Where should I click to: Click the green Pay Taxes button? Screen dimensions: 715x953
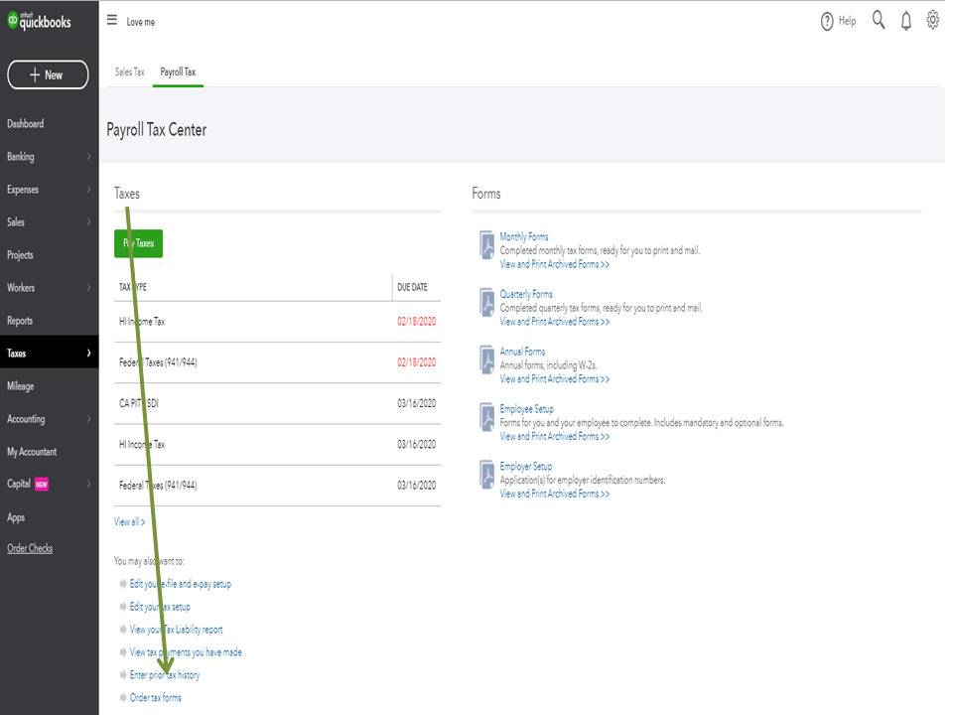click(138, 243)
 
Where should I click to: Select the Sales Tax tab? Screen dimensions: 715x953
click(129, 72)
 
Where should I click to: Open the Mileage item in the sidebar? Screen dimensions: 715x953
click(21, 386)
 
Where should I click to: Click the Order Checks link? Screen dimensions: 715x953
click(30, 549)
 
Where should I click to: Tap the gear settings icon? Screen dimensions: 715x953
click(932, 20)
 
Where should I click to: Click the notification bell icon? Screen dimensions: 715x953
click(905, 21)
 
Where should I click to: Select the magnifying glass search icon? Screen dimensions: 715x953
click(879, 21)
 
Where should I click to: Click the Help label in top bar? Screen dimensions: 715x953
click(846, 21)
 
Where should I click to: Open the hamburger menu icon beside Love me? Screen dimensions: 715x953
click(112, 21)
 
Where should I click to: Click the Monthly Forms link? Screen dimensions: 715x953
click(524, 237)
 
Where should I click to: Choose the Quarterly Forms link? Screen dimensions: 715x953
click(526, 295)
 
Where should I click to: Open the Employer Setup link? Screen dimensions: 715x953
click(526, 467)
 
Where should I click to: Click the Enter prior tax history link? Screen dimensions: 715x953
click(165, 675)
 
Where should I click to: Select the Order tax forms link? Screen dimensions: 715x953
click(156, 698)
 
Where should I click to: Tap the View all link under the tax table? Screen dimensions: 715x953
click(129, 522)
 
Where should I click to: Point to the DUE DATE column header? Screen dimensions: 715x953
click(412, 288)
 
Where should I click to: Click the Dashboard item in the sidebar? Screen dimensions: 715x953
click(25, 124)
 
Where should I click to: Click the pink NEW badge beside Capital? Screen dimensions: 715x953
click(42, 485)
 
